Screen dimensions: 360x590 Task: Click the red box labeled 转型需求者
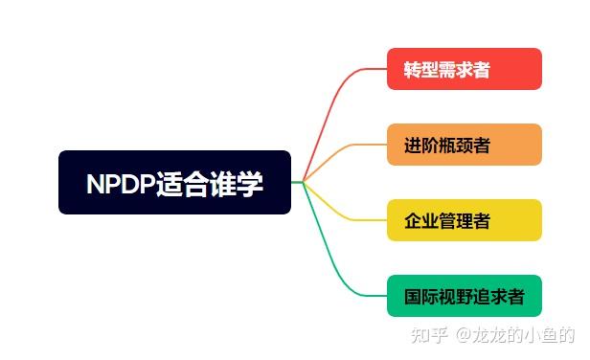point(465,69)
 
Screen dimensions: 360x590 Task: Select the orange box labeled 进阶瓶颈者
point(465,145)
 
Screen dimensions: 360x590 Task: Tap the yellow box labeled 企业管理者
point(465,220)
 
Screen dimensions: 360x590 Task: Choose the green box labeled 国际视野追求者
point(465,296)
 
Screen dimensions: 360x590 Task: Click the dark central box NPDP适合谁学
point(174,182)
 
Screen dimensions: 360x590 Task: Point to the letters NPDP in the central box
point(121,183)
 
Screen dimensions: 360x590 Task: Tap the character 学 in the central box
point(250,183)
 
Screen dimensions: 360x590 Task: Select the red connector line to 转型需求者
point(330,105)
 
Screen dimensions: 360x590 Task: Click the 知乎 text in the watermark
point(429,335)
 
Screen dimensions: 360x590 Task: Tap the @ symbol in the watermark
point(462,335)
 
